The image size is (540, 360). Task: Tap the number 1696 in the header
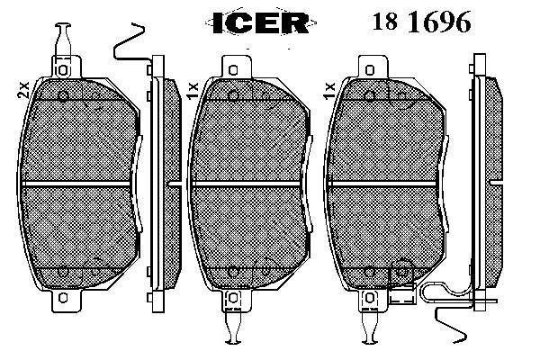[438, 22]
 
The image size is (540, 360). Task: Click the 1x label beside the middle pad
[193, 89]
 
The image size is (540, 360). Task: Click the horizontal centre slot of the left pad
[78, 183]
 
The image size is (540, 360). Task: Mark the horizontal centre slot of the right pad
[388, 183]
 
